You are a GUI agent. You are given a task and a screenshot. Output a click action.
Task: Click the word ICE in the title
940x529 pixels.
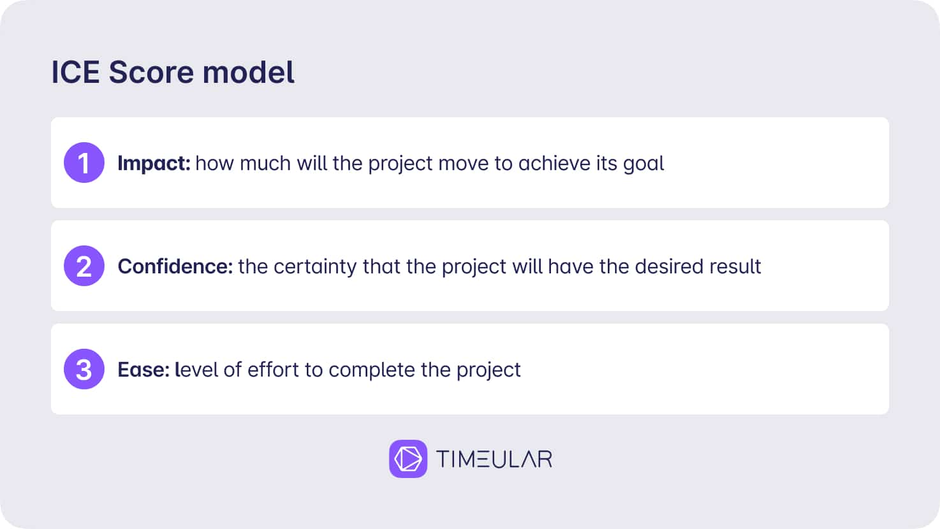[75, 72]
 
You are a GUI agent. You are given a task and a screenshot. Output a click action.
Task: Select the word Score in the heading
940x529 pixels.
[151, 72]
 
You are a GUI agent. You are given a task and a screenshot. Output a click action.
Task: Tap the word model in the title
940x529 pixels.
[249, 72]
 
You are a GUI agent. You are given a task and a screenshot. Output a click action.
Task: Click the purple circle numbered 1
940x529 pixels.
[84, 163]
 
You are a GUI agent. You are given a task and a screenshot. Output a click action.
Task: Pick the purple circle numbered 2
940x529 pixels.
[84, 266]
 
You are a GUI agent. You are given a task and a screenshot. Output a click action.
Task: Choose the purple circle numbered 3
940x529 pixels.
[84, 369]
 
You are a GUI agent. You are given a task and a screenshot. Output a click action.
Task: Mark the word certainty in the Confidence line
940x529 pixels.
[315, 267]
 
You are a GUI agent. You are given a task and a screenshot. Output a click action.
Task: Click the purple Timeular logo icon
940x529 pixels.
[408, 458]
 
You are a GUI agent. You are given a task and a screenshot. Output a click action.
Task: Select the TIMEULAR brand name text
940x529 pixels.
[494, 459]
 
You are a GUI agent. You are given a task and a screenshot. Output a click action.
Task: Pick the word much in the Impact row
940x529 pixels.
[265, 163]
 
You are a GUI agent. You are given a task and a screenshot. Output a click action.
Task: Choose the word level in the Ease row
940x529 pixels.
[196, 370]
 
